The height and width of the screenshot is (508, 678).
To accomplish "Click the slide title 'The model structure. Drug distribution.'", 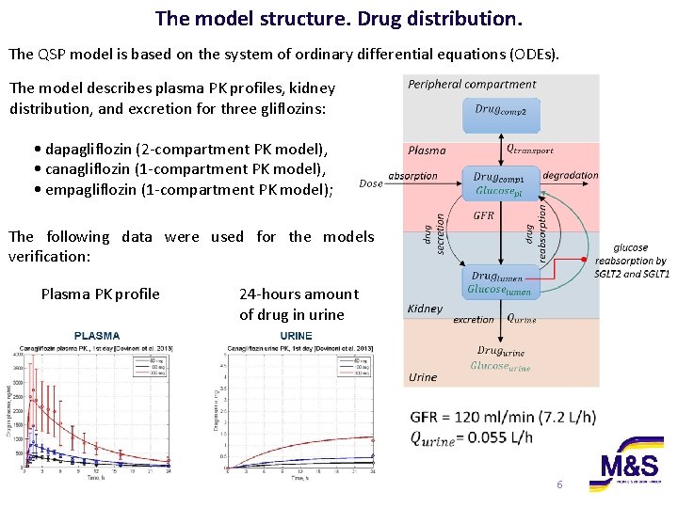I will (338, 18).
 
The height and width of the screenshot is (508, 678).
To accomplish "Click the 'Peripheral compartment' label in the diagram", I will (472, 85).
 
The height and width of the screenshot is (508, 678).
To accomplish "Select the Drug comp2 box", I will (501, 110).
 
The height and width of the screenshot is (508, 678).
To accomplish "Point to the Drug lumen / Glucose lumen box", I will (499, 284).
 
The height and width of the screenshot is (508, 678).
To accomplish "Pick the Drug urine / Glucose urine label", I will (500, 358).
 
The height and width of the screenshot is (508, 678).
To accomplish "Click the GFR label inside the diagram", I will (483, 215).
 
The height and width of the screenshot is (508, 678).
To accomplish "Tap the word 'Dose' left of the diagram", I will (371, 183).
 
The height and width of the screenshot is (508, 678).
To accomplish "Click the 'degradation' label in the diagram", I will (571, 175).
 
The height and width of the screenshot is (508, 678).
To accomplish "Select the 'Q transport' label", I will (530, 150).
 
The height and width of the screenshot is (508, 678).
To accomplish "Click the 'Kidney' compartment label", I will (425, 309).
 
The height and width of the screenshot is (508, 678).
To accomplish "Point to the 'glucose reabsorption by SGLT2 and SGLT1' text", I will (631, 261).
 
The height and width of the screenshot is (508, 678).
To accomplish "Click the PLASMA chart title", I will (96, 335).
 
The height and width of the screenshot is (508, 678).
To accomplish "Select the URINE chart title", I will (296, 335).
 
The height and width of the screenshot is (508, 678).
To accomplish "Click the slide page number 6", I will (559, 484).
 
